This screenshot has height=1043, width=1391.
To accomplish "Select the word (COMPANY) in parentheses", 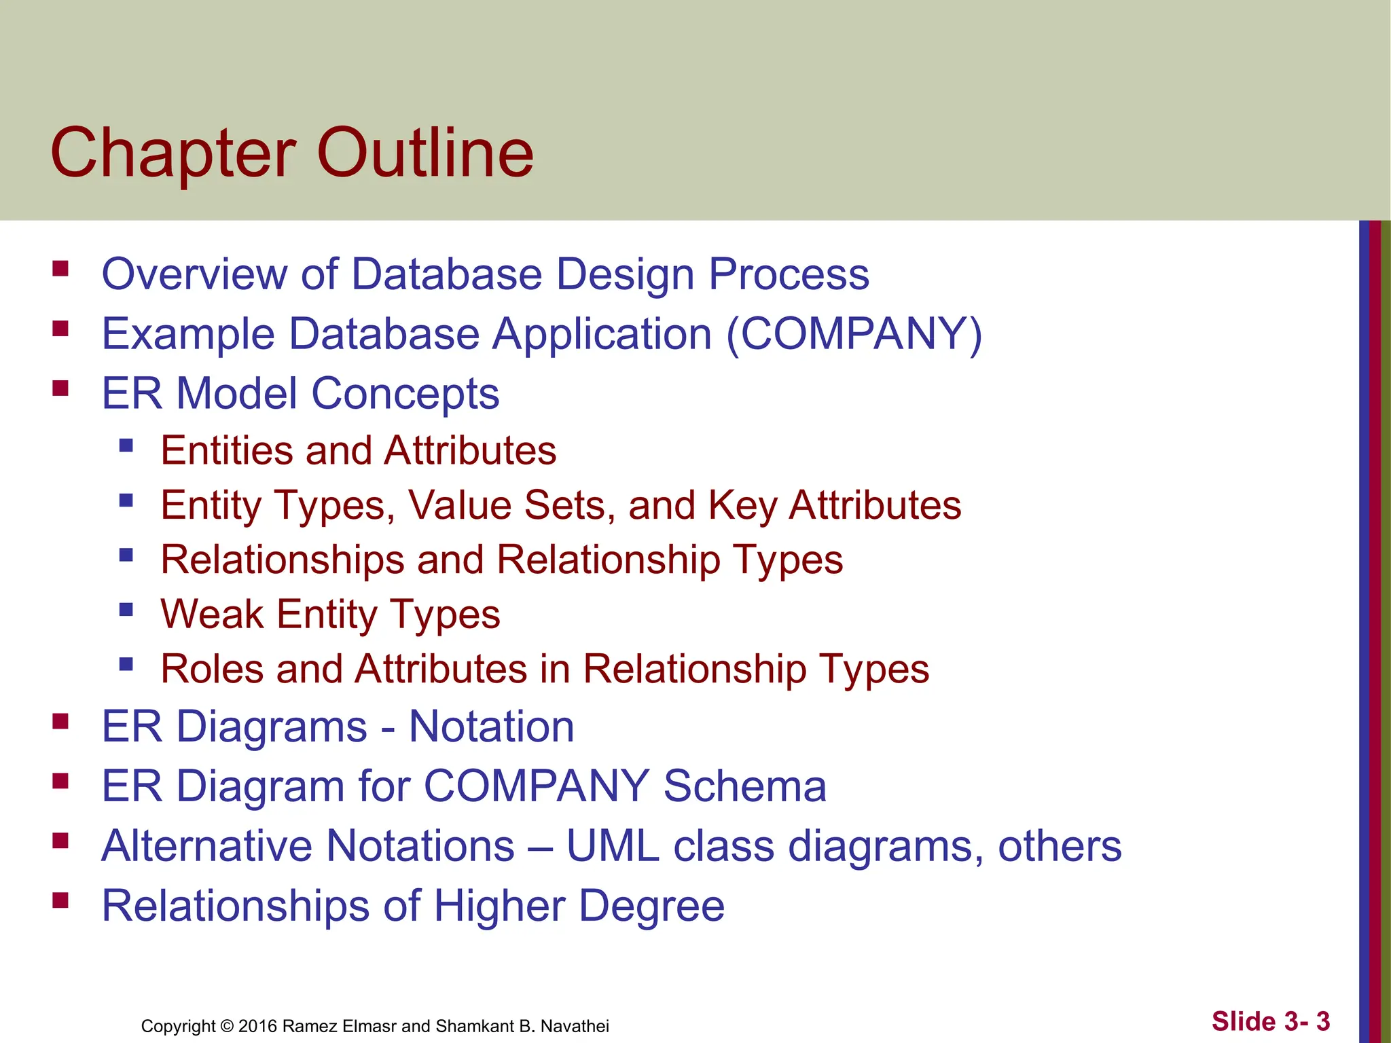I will click(854, 334).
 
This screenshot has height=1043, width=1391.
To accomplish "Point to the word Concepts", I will click(405, 394).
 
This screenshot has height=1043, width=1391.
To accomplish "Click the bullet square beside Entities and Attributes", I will click(126, 446).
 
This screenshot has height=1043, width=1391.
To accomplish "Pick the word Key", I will click(742, 506).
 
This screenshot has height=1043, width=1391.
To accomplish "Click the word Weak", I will click(212, 615).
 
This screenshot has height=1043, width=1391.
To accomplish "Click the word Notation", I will click(491, 727).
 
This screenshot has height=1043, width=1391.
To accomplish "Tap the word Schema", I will click(744, 786).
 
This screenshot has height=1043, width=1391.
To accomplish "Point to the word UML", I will click(613, 846).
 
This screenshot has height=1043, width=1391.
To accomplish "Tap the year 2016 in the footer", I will click(257, 1026).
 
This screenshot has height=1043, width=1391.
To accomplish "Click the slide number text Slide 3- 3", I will click(1270, 1021).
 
